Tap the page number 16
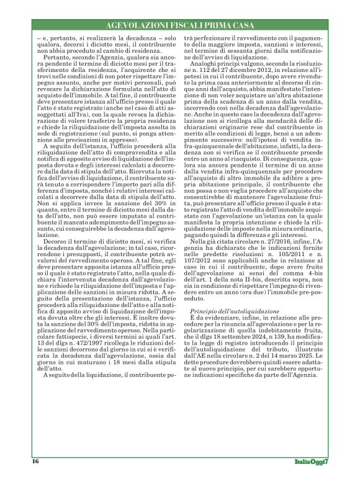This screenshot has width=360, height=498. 35,461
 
